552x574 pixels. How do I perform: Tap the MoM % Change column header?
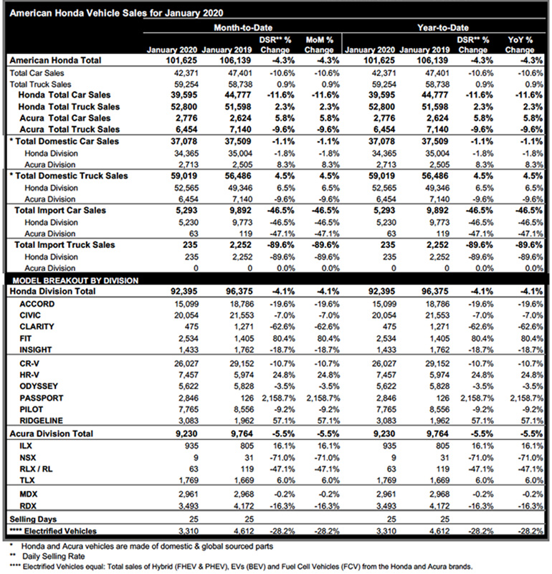(x=318, y=44)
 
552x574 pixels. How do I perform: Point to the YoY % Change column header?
(x=519, y=44)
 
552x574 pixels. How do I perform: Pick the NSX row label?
(x=29, y=456)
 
